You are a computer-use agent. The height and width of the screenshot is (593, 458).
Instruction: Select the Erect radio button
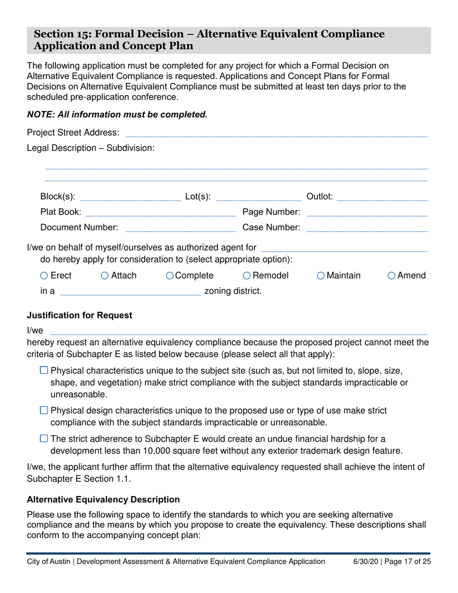44,276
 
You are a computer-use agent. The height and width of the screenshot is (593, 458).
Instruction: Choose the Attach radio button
105,276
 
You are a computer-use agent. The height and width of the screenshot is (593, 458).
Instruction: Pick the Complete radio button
170,276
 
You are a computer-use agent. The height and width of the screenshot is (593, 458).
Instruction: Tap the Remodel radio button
247,276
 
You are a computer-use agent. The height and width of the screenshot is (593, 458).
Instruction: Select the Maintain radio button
321,276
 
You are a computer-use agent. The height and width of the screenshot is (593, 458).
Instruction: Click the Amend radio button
391,276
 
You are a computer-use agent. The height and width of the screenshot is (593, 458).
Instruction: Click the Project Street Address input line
276,133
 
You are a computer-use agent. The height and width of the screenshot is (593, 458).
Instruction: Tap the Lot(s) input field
258,197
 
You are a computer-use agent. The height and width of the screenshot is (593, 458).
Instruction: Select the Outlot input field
382,197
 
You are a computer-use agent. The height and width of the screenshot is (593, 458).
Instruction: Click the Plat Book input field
161,212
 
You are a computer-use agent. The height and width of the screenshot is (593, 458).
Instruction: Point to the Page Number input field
366,212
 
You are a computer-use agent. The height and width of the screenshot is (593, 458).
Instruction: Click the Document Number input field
181,228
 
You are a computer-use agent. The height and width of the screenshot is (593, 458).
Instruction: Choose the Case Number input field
366,228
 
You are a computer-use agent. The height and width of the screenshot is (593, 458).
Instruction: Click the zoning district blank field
130,291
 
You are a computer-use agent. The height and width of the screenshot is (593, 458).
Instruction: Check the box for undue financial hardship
44,439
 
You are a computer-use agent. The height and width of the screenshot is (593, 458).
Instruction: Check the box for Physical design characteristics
44,410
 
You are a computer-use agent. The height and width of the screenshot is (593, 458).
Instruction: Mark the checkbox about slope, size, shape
44,370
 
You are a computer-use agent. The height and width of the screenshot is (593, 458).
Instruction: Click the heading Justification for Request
80,315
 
